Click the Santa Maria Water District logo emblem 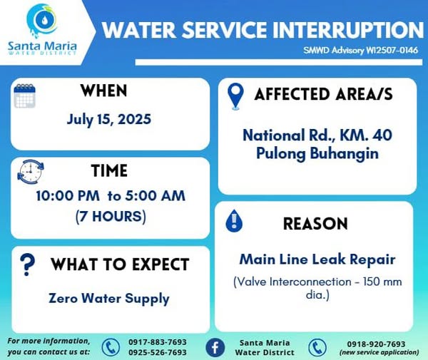pos(42,21)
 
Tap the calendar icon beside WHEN pos(24,96)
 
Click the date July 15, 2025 pos(109,120)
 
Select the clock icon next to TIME pos(31,172)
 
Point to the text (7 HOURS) pos(111,217)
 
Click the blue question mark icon pos(28,264)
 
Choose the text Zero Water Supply pos(109,299)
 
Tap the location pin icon pos(235,96)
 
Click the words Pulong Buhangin pos(317,153)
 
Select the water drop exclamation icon pos(234,221)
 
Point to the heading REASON pos(315,224)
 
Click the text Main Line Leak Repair pos(317,259)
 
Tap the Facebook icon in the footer pos(215,348)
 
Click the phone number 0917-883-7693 pos(158,342)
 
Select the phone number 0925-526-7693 pos(158,352)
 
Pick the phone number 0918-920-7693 pos(376,344)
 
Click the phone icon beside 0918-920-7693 pos(317,348)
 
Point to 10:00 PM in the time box pos(68,196)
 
